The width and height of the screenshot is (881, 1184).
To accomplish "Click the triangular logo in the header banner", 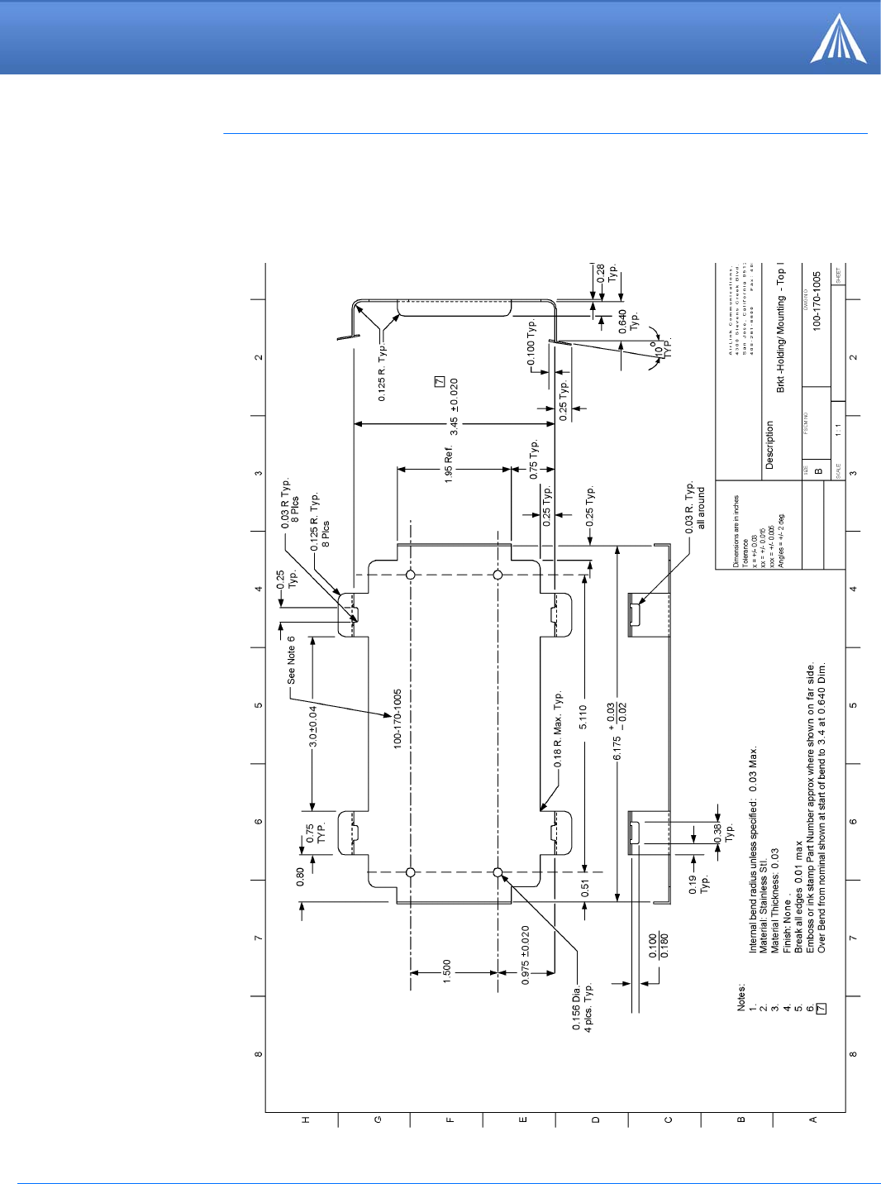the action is point(838,40).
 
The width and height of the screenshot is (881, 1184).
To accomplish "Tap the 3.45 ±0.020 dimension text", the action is point(454,407).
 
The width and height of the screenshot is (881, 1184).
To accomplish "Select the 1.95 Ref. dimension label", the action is point(449,464).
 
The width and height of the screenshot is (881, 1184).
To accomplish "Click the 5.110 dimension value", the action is point(583,716).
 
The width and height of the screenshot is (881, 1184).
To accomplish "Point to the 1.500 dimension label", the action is point(447,971).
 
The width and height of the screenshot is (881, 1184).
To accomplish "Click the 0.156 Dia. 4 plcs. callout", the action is point(582,1007).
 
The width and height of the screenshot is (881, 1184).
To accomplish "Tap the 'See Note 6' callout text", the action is point(291,660).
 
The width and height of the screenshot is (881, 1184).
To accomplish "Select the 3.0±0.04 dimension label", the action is point(313,726).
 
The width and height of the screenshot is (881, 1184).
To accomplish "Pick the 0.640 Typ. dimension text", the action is point(628,322).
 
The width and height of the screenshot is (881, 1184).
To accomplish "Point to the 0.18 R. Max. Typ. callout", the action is point(558,730).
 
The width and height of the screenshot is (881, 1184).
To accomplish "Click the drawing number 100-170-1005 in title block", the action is point(817,303).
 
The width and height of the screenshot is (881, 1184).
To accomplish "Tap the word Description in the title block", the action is point(769,445).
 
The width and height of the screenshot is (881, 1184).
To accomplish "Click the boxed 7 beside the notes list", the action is point(821,1009).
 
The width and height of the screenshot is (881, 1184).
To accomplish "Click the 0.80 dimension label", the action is point(301,876).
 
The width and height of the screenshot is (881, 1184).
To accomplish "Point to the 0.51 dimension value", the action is point(585,889).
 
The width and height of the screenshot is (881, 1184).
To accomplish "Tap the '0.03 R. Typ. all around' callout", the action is point(695,506).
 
